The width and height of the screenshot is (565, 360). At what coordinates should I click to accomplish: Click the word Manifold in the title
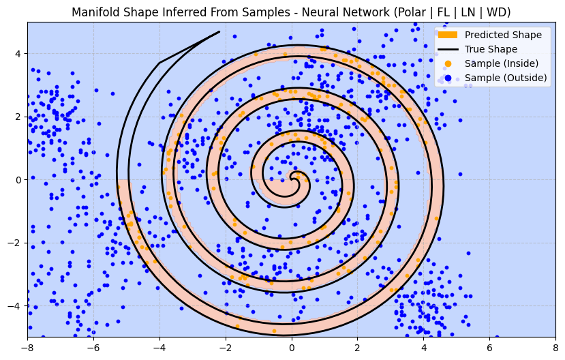tap(95, 12)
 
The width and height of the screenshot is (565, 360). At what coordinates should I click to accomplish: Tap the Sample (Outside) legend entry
tap(506, 78)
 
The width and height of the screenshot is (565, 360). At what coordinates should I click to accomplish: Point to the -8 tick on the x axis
tap(27, 346)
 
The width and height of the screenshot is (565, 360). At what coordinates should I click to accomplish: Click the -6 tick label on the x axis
tap(93, 346)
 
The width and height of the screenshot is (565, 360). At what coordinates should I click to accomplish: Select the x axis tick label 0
tap(292, 346)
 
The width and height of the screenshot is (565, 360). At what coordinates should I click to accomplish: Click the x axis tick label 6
tap(489, 346)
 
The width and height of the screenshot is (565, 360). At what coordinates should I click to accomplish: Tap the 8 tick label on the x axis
tap(555, 346)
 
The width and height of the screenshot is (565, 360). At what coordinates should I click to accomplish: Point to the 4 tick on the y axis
tap(18, 54)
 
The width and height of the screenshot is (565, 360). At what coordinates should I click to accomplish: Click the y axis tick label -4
tap(16, 306)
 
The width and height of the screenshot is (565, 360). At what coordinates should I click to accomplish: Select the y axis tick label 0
tap(18, 180)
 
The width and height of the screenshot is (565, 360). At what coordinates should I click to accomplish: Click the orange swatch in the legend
tap(448, 35)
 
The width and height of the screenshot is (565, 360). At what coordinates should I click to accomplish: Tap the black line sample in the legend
tap(448, 49)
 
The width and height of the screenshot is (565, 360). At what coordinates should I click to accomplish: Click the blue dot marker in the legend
tap(448, 78)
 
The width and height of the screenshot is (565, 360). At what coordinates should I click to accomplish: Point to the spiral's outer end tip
tap(219, 31)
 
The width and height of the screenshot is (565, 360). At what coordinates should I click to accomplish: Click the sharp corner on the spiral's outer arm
tap(159, 63)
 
